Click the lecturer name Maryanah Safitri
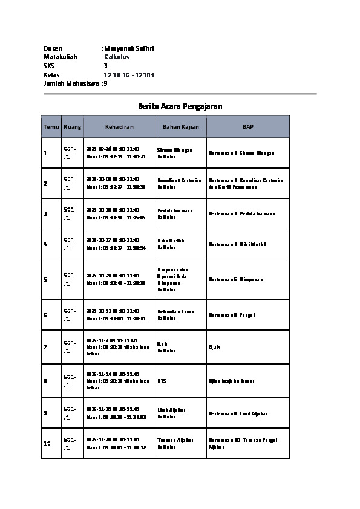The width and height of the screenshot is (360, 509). [x=129, y=48]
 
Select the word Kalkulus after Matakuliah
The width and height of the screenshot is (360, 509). [x=116, y=57]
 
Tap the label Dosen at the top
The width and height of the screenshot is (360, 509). [x=53, y=48]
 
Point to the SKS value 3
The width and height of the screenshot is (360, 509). [x=105, y=66]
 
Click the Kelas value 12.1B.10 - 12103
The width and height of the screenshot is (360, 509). [x=129, y=75]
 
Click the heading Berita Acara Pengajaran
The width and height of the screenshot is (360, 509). [x=180, y=106]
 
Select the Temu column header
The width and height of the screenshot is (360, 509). [x=51, y=127]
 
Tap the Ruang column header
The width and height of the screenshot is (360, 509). [x=72, y=127]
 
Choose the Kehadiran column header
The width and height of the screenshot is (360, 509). [x=119, y=127]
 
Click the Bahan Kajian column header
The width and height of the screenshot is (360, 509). [x=181, y=127]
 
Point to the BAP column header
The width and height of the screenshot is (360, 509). [x=248, y=127]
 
